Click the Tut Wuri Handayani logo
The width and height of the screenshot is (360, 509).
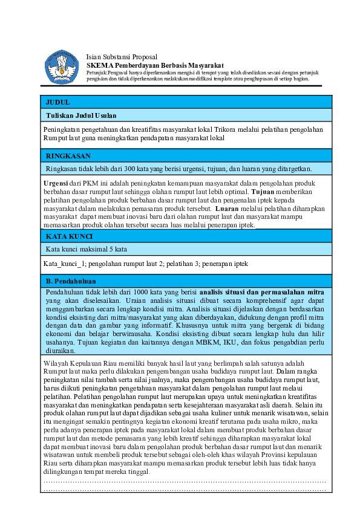tap(62, 66)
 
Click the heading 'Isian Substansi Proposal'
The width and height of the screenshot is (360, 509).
tap(121, 56)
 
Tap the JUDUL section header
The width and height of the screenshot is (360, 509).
tap(58, 102)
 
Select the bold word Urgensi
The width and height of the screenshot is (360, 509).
tap(56, 183)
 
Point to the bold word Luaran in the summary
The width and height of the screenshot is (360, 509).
tap(228, 208)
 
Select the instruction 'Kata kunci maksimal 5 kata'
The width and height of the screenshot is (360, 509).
tap(87, 248)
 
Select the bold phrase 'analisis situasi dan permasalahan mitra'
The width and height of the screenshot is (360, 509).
tap(264, 292)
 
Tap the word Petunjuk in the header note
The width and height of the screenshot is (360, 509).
tap(97, 72)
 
